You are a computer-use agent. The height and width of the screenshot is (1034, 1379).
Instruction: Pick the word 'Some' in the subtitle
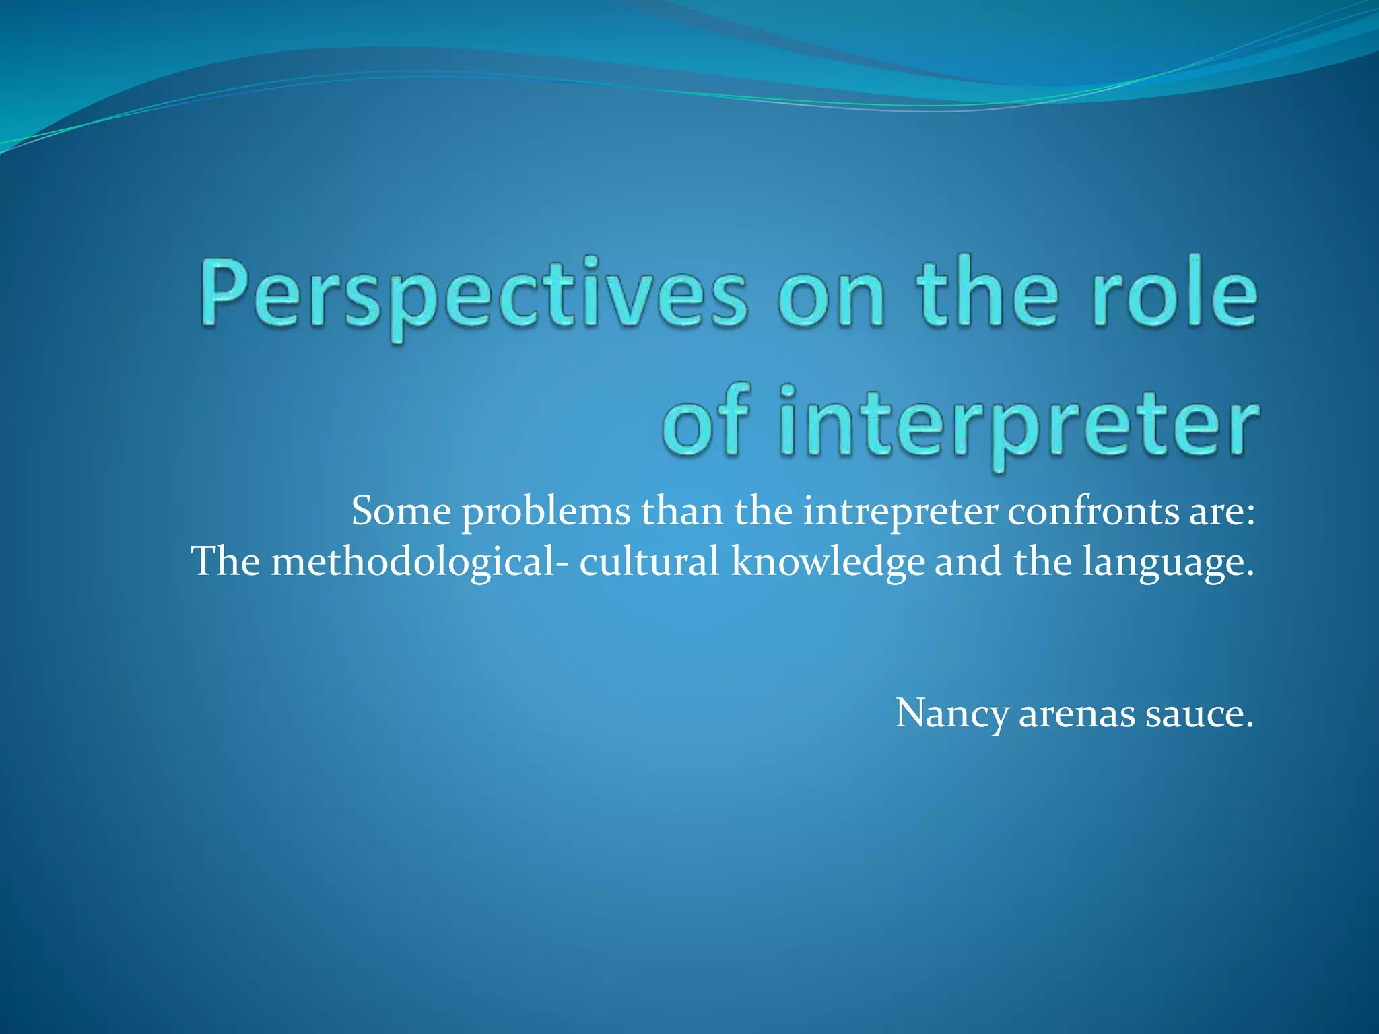(401, 512)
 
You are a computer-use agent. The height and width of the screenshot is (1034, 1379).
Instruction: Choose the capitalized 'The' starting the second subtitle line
(226, 561)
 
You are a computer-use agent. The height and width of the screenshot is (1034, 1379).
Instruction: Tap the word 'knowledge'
(828, 563)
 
